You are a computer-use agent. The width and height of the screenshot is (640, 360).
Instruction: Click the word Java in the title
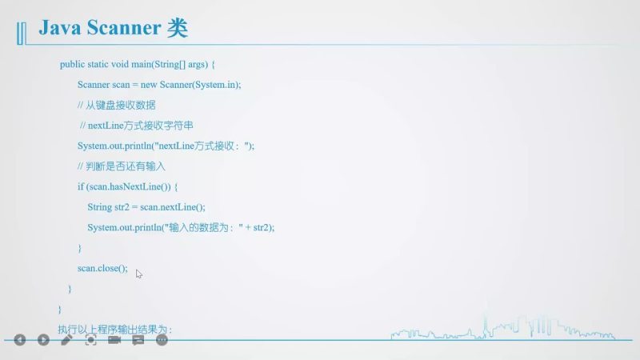[60, 30]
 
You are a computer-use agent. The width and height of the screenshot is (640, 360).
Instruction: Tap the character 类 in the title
[178, 30]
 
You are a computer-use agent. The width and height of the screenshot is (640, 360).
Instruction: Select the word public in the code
[72, 64]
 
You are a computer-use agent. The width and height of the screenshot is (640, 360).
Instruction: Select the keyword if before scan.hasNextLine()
[80, 186]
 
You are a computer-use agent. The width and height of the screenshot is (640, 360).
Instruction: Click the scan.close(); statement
[102, 269]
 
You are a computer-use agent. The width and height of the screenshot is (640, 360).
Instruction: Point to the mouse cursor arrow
[138, 274]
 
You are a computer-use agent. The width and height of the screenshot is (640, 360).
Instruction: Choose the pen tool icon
[67, 340]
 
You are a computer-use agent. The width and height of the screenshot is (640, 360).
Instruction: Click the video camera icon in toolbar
[114, 340]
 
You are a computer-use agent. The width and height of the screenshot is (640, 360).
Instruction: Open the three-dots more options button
[162, 340]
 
